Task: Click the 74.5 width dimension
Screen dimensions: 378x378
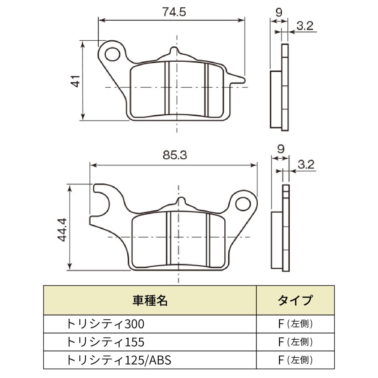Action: click(x=174, y=12)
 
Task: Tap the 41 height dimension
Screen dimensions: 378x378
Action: click(x=76, y=81)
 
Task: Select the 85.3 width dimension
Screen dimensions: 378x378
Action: click(x=175, y=155)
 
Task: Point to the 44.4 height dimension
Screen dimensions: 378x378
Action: click(x=62, y=229)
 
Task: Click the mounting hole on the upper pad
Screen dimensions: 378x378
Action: click(x=113, y=54)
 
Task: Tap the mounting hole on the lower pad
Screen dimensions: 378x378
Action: click(x=243, y=204)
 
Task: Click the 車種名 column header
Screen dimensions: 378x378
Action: click(x=150, y=300)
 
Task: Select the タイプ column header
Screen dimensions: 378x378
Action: click(x=295, y=300)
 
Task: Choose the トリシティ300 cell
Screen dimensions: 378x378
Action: click(x=105, y=324)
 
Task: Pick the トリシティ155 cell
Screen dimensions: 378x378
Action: click(x=105, y=342)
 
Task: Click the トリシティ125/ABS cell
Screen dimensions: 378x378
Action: click(x=118, y=360)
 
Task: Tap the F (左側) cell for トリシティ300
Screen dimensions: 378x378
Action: click(x=295, y=324)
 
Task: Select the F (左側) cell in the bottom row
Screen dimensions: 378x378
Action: click(x=295, y=360)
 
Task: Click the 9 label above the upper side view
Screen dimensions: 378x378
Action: click(x=279, y=12)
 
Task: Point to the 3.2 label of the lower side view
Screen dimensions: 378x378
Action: click(x=306, y=164)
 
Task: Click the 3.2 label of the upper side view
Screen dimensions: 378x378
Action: click(x=305, y=26)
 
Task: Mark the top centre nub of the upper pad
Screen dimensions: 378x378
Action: click(x=175, y=50)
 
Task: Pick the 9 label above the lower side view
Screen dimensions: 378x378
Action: click(x=281, y=149)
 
